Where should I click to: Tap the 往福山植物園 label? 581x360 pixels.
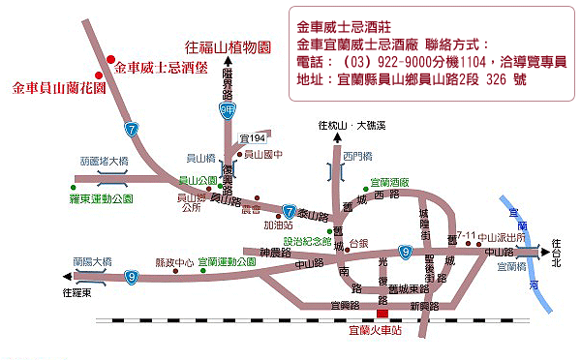[x=228, y=45]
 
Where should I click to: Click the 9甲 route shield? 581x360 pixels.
[x=228, y=111]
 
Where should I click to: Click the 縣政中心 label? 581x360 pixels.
[x=174, y=262]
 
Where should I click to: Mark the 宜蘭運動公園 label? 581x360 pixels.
[x=226, y=262]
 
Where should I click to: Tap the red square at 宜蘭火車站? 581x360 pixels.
[x=383, y=313]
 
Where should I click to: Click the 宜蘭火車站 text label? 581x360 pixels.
[x=382, y=330]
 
